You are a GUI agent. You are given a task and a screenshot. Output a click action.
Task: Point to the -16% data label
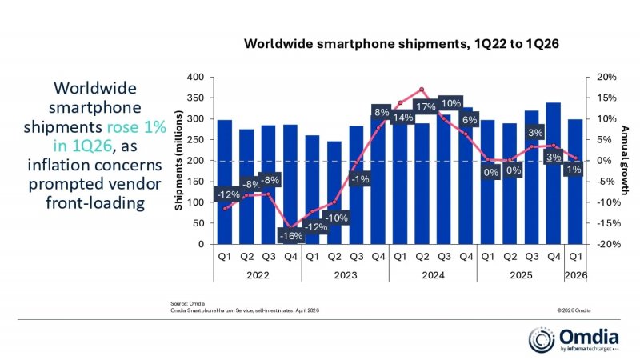pos(290,236)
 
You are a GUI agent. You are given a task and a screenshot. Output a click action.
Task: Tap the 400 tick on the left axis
pos(194,78)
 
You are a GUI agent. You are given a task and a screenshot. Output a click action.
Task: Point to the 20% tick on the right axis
pos(606,78)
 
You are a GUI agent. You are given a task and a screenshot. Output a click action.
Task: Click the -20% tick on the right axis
pos(606,244)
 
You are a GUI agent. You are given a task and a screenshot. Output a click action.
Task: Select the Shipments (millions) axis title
pos(179,161)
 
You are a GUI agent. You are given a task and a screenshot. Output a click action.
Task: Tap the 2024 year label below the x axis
pos(433,274)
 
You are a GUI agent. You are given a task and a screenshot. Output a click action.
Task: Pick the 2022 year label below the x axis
pos(258,274)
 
